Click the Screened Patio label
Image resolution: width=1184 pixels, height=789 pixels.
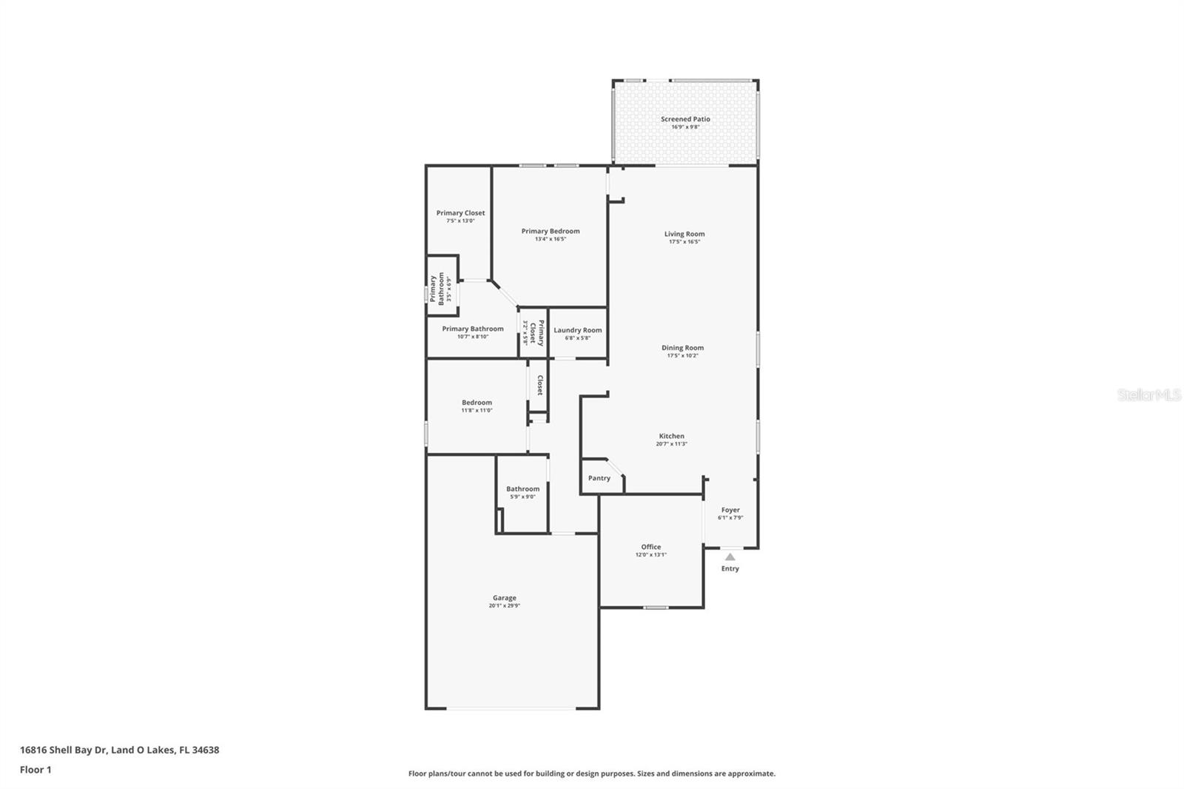[685, 119]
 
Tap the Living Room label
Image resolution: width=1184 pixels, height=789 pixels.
[684, 234]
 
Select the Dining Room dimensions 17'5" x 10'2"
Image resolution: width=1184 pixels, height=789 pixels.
[682, 356]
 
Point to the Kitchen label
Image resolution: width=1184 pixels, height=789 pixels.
[672, 436]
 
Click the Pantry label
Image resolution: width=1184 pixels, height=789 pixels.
[599, 478]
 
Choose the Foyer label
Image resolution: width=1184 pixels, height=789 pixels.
[730, 510]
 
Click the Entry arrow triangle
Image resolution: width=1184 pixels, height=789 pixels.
[730, 557]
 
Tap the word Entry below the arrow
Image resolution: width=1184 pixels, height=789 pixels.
[730, 568]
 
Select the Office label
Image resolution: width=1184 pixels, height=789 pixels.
[651, 547]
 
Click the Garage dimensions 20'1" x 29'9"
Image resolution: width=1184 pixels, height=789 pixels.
[505, 606]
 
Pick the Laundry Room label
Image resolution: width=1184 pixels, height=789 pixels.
[578, 330]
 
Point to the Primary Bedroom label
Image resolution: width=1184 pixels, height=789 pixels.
[551, 231]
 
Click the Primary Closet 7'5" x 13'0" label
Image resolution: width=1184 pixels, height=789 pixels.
[460, 213]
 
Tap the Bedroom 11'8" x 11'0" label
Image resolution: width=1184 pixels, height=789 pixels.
[477, 403]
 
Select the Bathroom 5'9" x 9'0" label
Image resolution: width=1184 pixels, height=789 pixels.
[523, 489]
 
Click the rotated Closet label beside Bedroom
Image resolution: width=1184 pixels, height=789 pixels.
[540, 385]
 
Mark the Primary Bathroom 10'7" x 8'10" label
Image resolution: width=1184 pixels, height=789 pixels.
[473, 329]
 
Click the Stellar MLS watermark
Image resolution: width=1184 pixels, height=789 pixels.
[1148, 395]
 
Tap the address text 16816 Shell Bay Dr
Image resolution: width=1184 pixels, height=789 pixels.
[64, 750]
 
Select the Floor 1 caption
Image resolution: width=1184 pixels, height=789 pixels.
[36, 770]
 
